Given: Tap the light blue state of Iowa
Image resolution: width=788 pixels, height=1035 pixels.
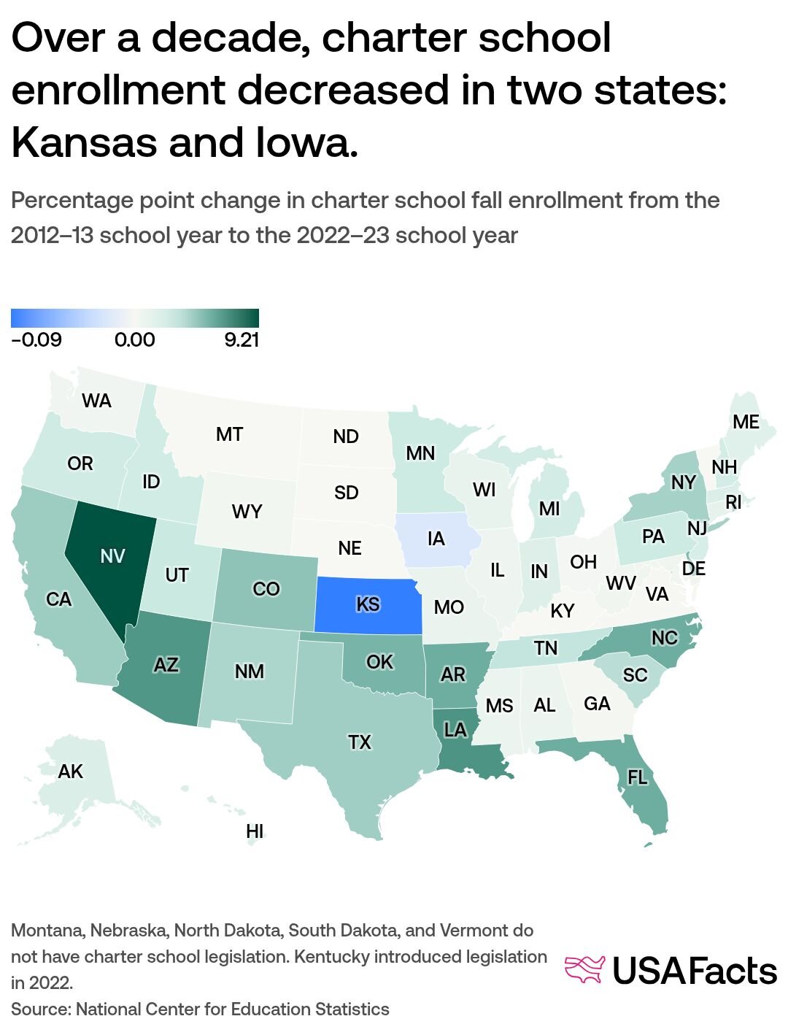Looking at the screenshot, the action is coord(436,539).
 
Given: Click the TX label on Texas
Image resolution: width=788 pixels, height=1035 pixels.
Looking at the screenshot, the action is coord(360,742).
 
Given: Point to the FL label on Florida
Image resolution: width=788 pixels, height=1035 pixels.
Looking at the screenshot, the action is coord(637,777).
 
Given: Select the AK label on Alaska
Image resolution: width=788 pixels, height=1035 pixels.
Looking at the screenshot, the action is coord(71,772).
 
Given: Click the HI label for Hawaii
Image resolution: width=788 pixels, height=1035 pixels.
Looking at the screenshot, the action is coord(255,831).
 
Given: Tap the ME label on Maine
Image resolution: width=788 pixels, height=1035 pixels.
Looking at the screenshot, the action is coord(746,422).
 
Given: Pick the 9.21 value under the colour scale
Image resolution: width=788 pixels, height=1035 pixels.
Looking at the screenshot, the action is coord(241,340).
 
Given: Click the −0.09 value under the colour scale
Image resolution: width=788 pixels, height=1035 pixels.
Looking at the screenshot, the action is coord(36,340).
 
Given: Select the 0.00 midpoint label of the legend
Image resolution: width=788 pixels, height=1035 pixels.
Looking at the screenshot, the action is coord(135,340).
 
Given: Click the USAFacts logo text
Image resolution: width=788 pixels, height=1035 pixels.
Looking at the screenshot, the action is coord(694,971).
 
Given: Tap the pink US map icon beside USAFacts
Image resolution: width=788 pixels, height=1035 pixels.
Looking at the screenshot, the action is coord(585,969).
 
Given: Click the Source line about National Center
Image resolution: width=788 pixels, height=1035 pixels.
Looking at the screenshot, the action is coord(200,1009).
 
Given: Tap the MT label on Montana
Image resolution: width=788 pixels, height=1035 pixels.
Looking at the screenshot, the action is coord(229,434).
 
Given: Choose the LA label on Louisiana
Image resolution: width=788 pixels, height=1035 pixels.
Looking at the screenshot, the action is coord(455,730).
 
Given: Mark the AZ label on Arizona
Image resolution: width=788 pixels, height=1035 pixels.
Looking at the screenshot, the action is coord(166,665).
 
